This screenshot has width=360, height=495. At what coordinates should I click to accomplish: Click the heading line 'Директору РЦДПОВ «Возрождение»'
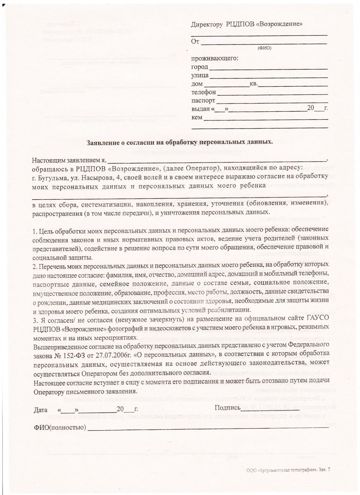click(x=247, y=24)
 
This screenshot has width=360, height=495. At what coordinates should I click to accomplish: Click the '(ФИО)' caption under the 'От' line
click(x=264, y=48)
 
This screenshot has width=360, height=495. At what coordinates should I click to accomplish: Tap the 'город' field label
click(x=200, y=67)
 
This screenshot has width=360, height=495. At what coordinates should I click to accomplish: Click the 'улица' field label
click(x=200, y=75)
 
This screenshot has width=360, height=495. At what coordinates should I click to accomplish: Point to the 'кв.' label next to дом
click(x=254, y=84)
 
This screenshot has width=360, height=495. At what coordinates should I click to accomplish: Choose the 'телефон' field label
click(x=203, y=92)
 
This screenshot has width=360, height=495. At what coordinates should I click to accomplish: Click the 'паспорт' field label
click(x=203, y=101)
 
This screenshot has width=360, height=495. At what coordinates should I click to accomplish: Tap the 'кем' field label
click(x=197, y=118)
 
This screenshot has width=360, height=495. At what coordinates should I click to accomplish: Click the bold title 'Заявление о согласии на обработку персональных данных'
click(x=180, y=142)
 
